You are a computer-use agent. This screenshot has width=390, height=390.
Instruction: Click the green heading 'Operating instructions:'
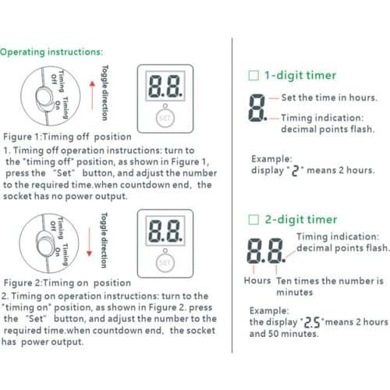pyautogui.click(x=51, y=52)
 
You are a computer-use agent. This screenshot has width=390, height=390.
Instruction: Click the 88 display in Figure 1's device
pyautogui.click(x=163, y=87)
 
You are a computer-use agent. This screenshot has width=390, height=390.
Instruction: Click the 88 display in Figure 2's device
pyautogui.click(x=163, y=232)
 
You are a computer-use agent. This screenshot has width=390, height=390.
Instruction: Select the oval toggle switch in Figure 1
pyautogui.click(x=42, y=98)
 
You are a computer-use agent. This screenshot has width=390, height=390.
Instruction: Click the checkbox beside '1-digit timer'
pyautogui.click(x=252, y=76)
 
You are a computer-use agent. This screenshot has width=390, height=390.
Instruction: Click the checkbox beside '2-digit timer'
pyautogui.click(x=252, y=220)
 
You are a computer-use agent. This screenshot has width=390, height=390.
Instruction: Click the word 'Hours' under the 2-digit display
pyautogui.click(x=257, y=280)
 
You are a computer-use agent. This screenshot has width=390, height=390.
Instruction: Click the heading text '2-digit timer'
pyautogui.click(x=300, y=220)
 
